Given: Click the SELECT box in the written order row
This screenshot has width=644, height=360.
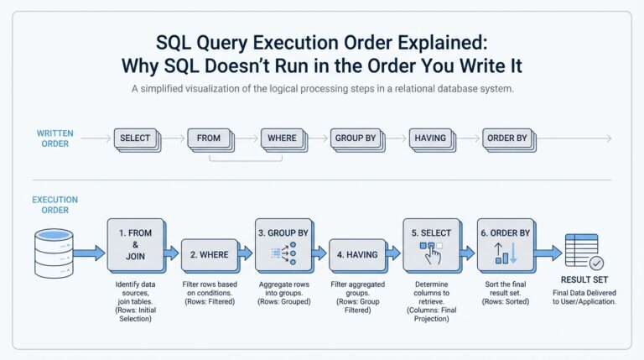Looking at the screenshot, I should pos(135,138).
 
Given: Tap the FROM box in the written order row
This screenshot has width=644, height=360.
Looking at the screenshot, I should pos(209,138).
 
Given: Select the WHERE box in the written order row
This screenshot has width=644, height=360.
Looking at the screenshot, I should pos(283,138).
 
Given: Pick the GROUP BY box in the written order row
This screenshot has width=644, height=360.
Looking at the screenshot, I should pos(356,138).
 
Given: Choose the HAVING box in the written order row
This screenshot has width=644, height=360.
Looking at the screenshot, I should pos(430,138).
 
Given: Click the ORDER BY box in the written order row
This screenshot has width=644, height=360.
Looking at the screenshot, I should pos(506,138).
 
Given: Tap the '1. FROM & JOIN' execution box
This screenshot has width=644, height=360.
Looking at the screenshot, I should pos(134,243).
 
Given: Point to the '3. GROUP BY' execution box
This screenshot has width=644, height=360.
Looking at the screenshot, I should pos(283,243).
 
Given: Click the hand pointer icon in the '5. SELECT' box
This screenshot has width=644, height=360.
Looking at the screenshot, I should pos(430,253).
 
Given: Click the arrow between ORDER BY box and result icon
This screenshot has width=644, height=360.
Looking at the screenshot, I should pos(548,252).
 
